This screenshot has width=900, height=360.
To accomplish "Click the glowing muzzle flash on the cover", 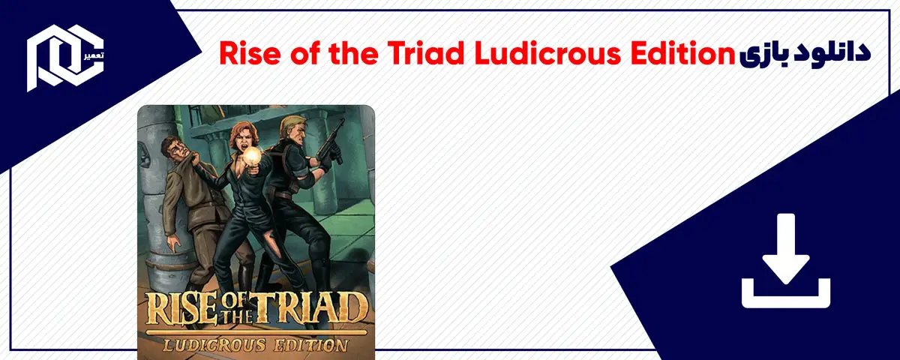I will (252, 155).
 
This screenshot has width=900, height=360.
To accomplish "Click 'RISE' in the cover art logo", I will (177, 310).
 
